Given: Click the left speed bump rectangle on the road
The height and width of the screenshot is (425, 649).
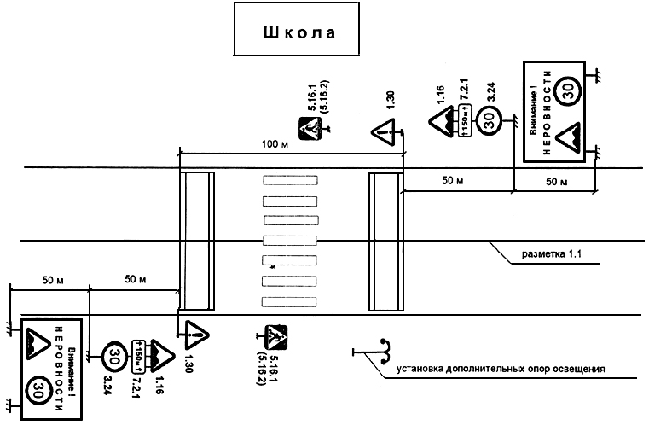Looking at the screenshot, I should click(x=197, y=241).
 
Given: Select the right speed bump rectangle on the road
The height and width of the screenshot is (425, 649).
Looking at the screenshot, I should click(x=385, y=241).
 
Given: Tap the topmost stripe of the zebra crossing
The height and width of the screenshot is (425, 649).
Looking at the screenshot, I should click(x=290, y=181).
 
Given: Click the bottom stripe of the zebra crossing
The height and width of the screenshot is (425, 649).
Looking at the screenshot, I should click(x=290, y=300).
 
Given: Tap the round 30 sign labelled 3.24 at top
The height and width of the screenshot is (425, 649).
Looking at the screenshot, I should click(x=489, y=120).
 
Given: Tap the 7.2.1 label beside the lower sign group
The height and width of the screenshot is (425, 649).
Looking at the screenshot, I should click(x=135, y=382).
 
